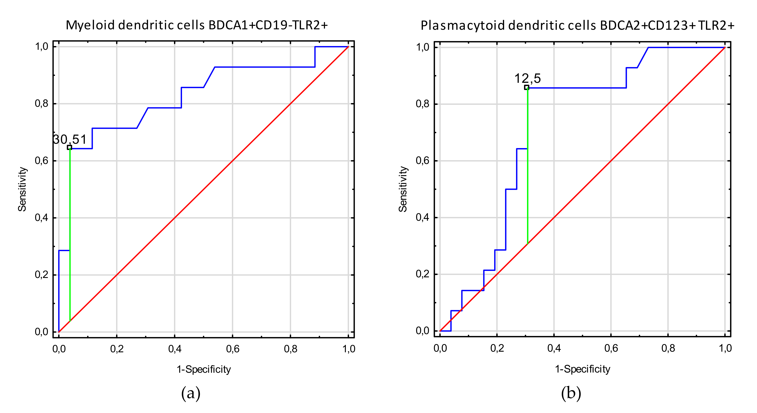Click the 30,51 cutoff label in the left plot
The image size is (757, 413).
[x=70, y=139]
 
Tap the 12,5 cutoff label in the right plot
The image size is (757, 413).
[x=527, y=78]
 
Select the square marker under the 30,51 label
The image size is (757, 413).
[x=69, y=147]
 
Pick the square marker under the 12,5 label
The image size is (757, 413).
[x=527, y=87]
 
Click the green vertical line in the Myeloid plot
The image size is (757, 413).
[x=70, y=235]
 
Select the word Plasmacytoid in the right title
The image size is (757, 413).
[x=463, y=26]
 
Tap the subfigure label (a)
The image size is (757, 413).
[x=191, y=393]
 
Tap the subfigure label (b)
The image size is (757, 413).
[x=571, y=393]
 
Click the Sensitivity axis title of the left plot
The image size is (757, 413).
[x=22, y=189]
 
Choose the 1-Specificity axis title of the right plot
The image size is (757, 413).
[x=582, y=369]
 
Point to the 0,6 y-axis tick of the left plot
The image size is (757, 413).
[x=42, y=161]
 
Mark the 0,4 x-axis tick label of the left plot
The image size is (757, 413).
[x=175, y=349]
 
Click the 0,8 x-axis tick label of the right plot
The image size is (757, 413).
[x=668, y=348]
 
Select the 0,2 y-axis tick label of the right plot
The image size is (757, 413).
[x=423, y=274]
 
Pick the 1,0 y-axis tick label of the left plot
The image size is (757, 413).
[x=42, y=46]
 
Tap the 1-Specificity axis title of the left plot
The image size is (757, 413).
[x=204, y=369]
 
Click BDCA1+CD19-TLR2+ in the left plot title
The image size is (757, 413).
[x=268, y=25]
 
